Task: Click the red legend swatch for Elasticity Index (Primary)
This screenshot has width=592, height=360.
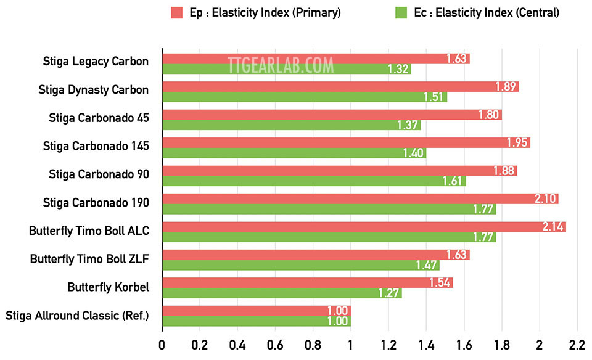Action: pyautogui.click(x=177, y=12)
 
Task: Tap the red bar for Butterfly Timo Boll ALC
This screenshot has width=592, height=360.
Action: pyautogui.click(x=364, y=227)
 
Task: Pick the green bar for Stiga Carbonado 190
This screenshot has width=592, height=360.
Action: pyautogui.click(x=329, y=209)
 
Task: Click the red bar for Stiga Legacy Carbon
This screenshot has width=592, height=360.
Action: pyautogui.click(x=316, y=59)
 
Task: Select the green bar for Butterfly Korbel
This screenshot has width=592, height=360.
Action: pyautogui.click(x=282, y=293)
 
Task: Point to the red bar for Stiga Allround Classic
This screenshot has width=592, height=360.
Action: pyautogui.click(x=256, y=311)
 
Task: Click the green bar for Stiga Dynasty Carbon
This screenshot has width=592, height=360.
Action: pyautogui.click(x=304, y=97)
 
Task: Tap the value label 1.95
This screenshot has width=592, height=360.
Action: pyautogui.click(x=517, y=143)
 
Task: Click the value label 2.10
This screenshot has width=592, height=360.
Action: pyautogui.click(x=545, y=198)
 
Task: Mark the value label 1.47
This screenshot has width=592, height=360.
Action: pyautogui.click(x=426, y=265)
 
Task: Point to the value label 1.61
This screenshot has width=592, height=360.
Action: pyautogui.click(x=453, y=181)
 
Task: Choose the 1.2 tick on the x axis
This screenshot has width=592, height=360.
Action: pyautogui.click(x=388, y=344)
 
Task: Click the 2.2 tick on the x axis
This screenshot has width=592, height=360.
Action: pyautogui.click(x=577, y=344)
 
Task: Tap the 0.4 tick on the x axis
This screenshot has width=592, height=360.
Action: pyautogui.click(x=237, y=344)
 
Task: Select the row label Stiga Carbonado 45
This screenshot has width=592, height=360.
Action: pyautogui.click(x=99, y=117)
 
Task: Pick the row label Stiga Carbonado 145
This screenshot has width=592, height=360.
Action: pyautogui.click(x=96, y=145)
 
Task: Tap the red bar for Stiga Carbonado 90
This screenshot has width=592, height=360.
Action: pyautogui.click(x=339, y=171)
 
